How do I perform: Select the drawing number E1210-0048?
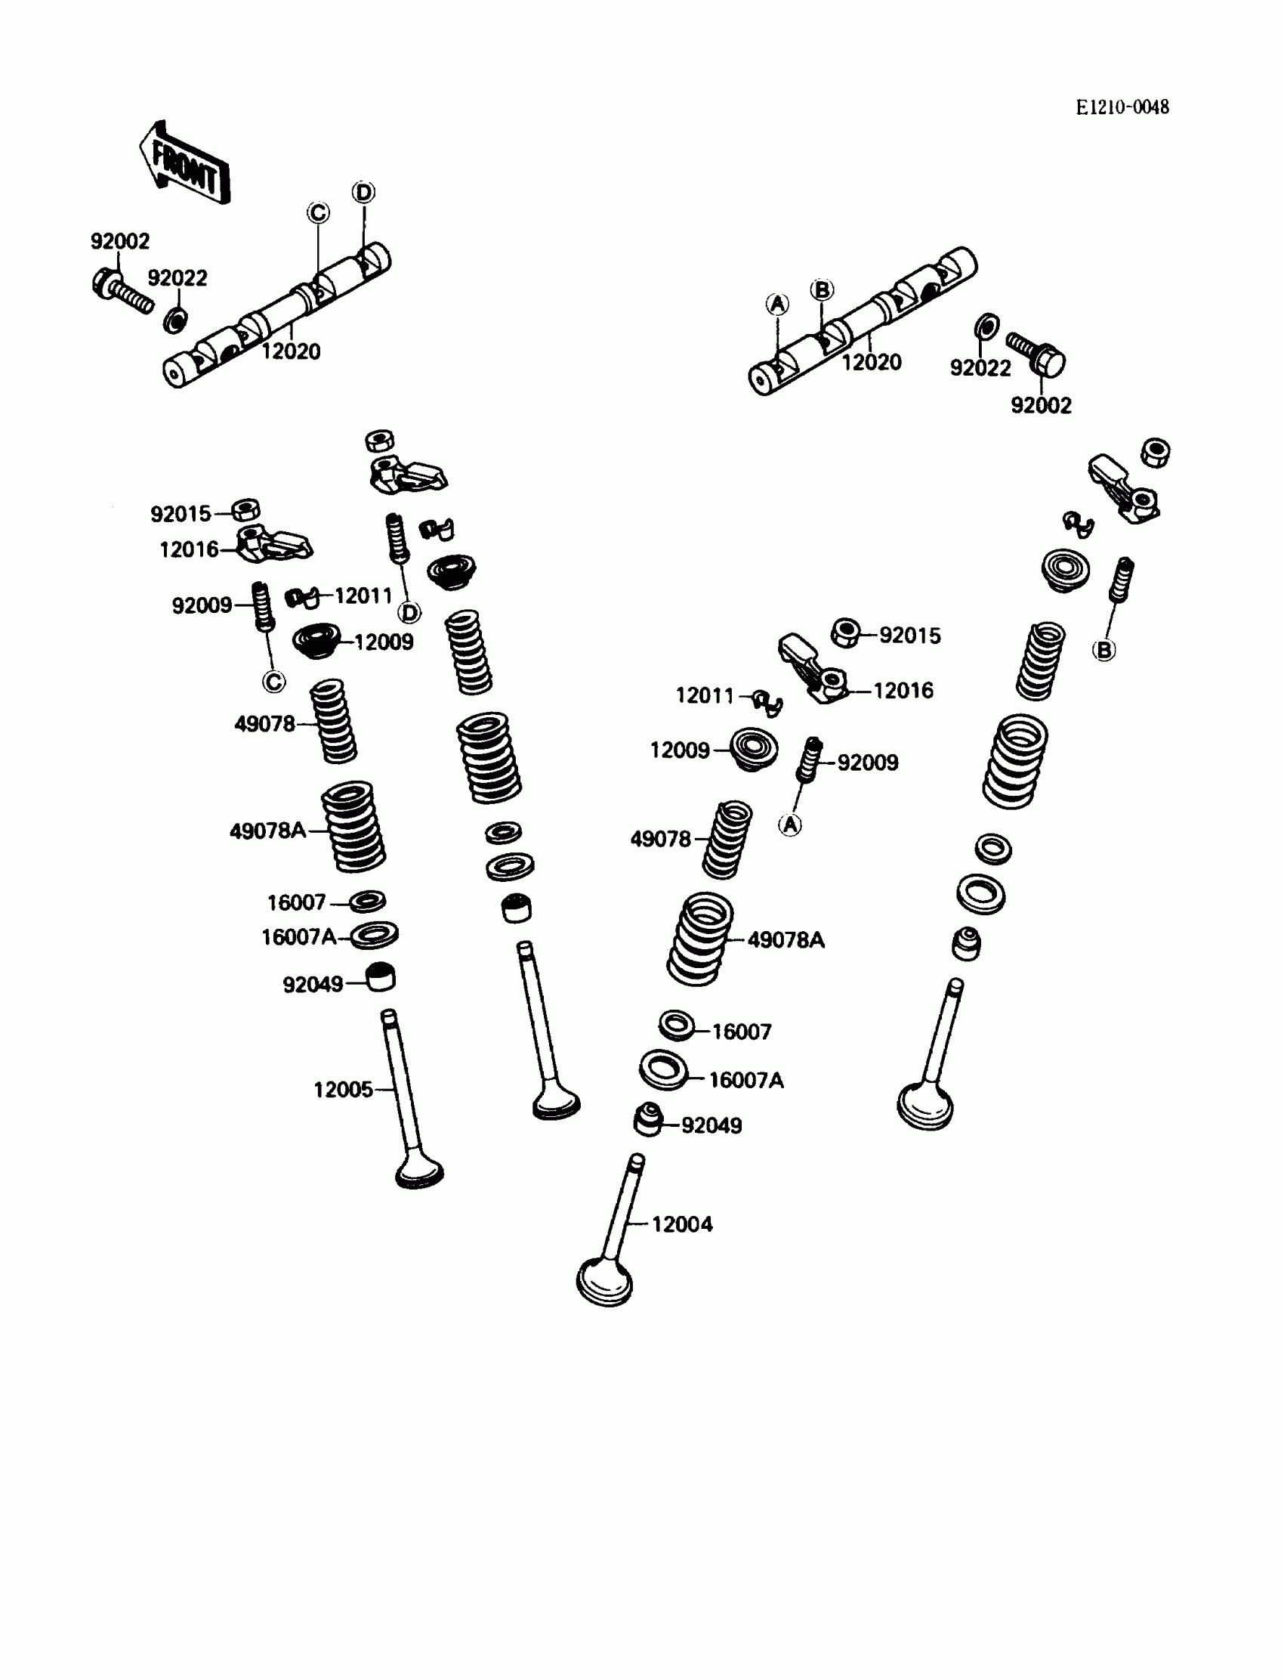[x=1122, y=108]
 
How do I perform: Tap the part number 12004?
[x=682, y=1224]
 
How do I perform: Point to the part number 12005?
[x=343, y=1090]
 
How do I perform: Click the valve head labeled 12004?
[x=604, y=1280]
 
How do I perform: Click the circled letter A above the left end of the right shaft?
[x=777, y=305]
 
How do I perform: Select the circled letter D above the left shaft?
[x=364, y=192]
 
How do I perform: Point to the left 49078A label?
[x=267, y=831]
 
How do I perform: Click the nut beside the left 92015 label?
[x=246, y=509]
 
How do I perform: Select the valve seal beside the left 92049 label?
[x=381, y=976]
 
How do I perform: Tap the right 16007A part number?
[x=746, y=1080]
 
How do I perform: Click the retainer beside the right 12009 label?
[x=754, y=749]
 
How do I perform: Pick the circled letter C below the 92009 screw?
[x=273, y=682]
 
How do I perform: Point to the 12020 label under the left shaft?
[x=291, y=351]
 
